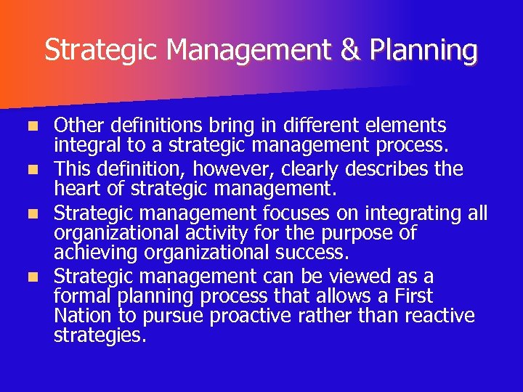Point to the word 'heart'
tap(76, 189)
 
